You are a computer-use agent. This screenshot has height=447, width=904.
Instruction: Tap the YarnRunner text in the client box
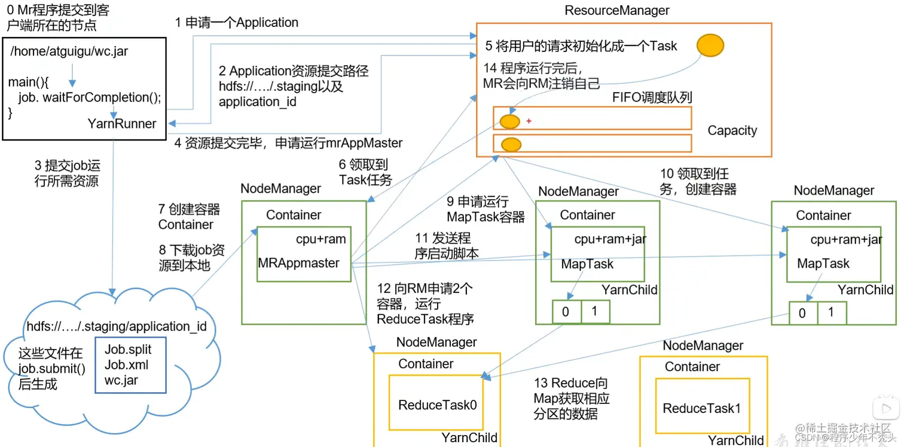[122, 124]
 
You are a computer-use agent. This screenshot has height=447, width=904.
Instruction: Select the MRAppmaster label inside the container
[298, 263]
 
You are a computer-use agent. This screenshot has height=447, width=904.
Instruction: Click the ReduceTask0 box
[438, 405]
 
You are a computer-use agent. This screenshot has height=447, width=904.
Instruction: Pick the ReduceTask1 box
[701, 409]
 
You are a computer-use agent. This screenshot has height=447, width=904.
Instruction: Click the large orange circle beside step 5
[710, 45]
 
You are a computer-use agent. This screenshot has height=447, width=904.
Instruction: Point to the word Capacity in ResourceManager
[732, 130]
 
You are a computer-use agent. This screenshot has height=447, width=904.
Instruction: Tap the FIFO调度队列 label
[652, 97]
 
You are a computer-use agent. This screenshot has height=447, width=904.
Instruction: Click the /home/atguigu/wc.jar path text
[69, 51]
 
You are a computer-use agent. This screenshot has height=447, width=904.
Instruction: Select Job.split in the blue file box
[128, 350]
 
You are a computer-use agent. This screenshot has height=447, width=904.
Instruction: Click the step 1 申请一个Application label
[236, 23]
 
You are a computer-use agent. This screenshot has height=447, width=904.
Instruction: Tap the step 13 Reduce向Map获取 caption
[572, 398]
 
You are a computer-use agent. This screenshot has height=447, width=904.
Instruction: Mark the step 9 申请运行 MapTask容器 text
[485, 209]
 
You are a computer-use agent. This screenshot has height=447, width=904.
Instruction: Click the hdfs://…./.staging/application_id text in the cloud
[117, 326]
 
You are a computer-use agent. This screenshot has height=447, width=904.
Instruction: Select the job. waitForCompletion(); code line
[90, 97]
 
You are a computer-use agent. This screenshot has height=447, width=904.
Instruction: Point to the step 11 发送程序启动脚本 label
[447, 246]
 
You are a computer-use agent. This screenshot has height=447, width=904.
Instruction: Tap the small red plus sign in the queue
[529, 121]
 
